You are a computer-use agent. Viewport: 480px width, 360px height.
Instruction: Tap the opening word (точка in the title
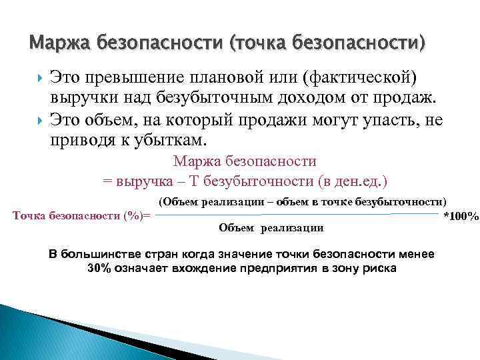pyautogui.click(x=256, y=45)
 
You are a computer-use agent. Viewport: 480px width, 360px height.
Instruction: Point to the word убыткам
pyautogui.click(x=171, y=141)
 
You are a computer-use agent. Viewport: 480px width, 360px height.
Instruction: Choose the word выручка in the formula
pyautogui.click(x=142, y=181)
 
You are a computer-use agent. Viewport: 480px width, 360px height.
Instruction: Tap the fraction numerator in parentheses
pyautogui.click(x=303, y=201)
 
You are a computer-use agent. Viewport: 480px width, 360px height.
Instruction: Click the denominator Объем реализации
pyautogui.click(x=271, y=228)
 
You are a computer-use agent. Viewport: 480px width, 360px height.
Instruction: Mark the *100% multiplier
pyautogui.click(x=461, y=217)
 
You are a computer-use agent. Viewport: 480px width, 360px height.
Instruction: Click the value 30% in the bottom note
pyautogui.click(x=99, y=268)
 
